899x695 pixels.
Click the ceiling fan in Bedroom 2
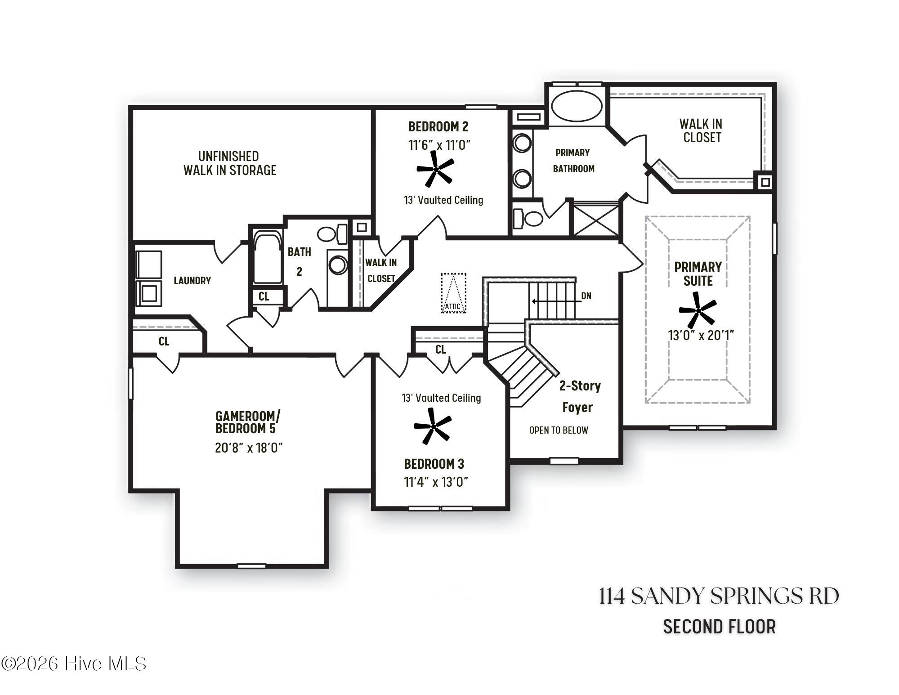pos(435,169)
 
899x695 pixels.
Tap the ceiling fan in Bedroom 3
pos(433,426)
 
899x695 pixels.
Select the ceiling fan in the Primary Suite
pos(698,310)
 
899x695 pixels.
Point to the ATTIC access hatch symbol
pos(453,293)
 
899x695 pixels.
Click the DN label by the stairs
pos(586,296)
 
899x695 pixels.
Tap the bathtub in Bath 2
pos(268,257)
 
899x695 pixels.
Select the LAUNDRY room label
pos(192,281)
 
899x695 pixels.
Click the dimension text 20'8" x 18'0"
pos(249,448)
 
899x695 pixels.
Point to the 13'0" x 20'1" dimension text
pos(701,335)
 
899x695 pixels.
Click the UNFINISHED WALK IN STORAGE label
pos(229,163)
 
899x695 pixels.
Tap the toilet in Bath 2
pos(333,234)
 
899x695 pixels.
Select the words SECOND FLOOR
pos(719,627)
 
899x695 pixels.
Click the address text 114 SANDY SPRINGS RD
pos(719,596)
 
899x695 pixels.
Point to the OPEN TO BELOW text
pos(559,430)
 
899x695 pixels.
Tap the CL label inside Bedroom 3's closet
pos(440,349)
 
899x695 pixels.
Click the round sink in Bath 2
pos(337,265)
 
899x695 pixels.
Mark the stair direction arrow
pos(556,301)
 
